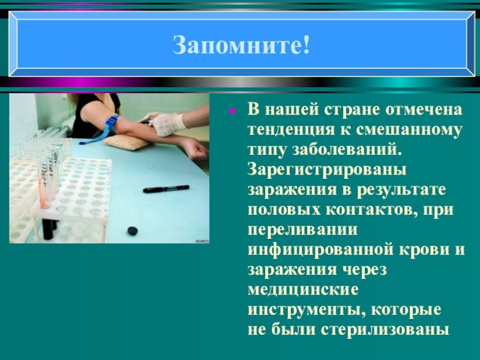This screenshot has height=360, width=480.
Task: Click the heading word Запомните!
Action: pos(242,45)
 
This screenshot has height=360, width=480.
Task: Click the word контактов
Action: pos(365,211)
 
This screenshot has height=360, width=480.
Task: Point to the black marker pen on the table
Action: pos(166,189)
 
